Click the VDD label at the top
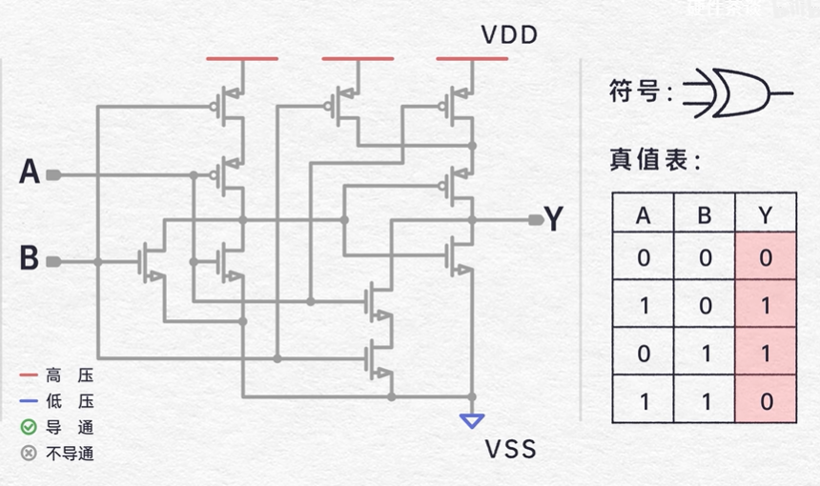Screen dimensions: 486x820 point(510,36)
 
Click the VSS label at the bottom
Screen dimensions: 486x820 point(511,449)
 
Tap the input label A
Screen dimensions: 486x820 point(30,173)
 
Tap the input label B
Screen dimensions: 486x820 point(30,258)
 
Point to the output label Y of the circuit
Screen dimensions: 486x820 point(554,219)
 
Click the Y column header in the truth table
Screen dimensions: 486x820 point(766,215)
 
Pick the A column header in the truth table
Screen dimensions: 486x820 point(643,215)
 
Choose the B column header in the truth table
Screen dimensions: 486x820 point(704,215)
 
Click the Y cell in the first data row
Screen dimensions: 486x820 point(766,257)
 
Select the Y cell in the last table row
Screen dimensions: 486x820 point(766,400)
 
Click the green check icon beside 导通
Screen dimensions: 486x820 point(29,427)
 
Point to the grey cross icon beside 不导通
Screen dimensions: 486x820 point(29,453)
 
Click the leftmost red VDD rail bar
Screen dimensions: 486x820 point(242,59)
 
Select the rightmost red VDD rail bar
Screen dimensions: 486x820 point(472,59)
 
